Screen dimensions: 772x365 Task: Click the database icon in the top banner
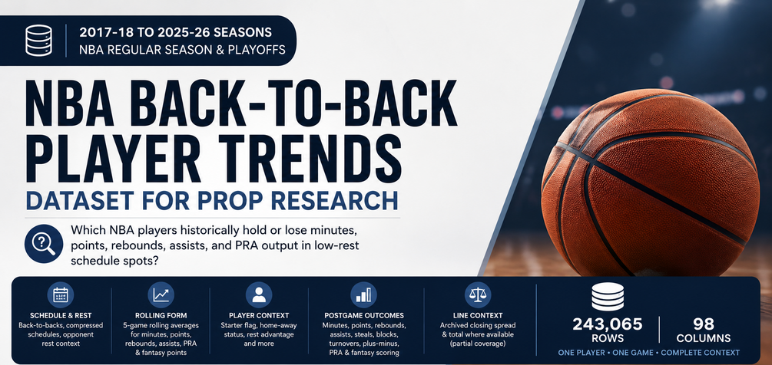[39, 41]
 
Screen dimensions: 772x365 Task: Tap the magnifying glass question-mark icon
[43, 244]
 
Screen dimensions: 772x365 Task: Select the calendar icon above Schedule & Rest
[60, 294]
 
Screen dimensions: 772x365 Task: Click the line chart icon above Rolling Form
[161, 294]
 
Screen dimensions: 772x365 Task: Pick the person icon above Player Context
[258, 294]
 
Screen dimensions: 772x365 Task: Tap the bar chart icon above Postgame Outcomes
[364, 294]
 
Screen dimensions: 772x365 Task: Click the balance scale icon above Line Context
[478, 294]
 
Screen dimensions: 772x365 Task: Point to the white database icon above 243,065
[607, 296]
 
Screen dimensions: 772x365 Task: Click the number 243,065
[607, 324]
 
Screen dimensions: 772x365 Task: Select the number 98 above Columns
[703, 324]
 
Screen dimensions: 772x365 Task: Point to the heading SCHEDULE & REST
[61, 315]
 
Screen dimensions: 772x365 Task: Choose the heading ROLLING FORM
[161, 315]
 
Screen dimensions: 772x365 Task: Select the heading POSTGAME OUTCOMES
[364, 315]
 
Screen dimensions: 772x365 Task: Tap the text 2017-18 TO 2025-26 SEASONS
[175, 33]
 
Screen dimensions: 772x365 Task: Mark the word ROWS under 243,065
[607, 338]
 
